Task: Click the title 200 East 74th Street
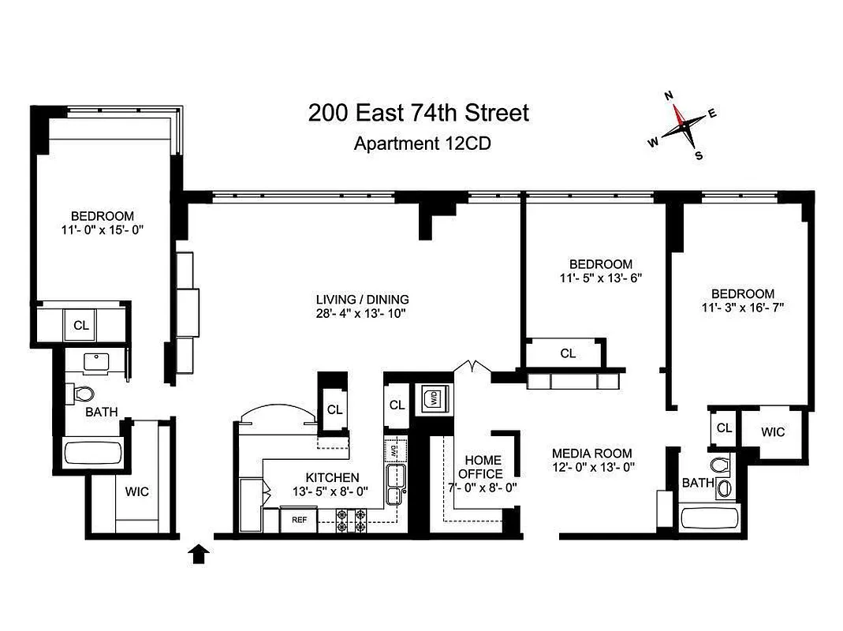click(x=418, y=114)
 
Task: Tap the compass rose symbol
click(x=683, y=125)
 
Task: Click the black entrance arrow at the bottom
click(x=200, y=554)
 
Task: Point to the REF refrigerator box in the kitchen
click(x=299, y=520)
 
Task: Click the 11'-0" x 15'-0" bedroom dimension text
click(x=103, y=230)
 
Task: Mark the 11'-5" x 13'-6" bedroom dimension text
click(x=601, y=278)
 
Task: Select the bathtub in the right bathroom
click(x=710, y=518)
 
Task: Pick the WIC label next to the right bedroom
click(x=773, y=432)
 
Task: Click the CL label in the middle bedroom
click(x=568, y=353)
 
